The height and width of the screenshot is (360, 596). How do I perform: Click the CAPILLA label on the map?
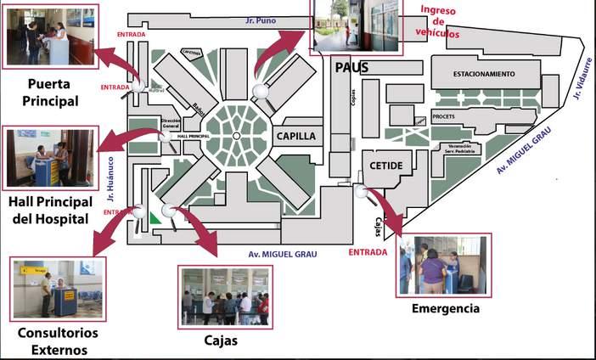(x=295, y=135)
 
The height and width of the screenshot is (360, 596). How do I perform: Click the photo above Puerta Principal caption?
(x=50, y=37)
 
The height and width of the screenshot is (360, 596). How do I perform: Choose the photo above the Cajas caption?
(x=225, y=295)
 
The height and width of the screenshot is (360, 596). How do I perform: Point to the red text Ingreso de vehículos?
(x=440, y=22)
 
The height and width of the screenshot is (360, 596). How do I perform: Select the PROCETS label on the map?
(x=444, y=116)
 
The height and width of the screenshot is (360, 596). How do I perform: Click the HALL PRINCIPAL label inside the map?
(x=194, y=135)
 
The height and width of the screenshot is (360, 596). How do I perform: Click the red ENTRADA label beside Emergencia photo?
(x=368, y=252)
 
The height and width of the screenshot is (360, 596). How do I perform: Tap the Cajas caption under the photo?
(x=221, y=341)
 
